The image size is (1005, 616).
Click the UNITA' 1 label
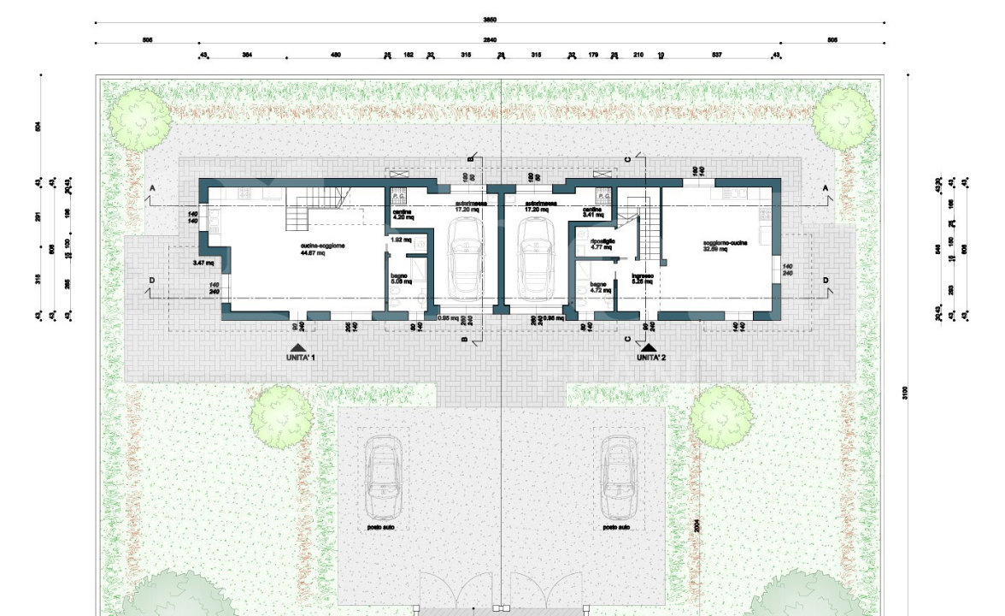301,358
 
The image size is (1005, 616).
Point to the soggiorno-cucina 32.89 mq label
726,246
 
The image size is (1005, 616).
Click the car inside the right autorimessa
537,257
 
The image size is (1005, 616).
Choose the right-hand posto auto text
616,528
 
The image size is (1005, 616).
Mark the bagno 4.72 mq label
601,287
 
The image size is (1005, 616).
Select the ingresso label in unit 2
643,278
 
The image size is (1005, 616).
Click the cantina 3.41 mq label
594,211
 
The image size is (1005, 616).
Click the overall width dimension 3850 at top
490,19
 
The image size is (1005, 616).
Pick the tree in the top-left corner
139,117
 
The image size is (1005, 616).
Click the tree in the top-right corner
842,118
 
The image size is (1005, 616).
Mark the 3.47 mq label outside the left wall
203,262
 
